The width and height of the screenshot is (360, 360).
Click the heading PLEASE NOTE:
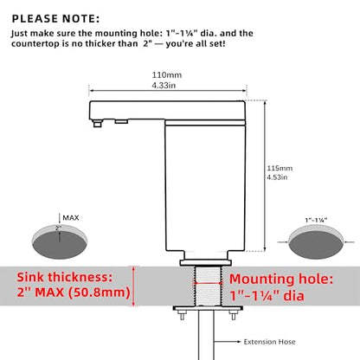[55, 19]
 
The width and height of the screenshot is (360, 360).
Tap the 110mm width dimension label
[167, 75]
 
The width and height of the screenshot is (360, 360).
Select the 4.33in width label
[164, 86]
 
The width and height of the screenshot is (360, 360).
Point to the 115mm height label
[280, 168]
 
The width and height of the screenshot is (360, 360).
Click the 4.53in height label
[277, 177]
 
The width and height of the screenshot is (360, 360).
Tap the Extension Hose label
[269, 342]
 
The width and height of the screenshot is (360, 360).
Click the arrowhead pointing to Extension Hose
[238, 342]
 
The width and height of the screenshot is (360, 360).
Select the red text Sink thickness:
[65, 277]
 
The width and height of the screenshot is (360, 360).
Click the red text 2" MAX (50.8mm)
[74, 292]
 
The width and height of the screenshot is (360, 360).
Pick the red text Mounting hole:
[281, 279]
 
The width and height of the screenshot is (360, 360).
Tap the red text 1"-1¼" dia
[267, 296]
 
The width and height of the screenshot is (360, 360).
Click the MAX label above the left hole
[71, 218]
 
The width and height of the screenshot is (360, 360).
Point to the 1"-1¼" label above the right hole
[316, 221]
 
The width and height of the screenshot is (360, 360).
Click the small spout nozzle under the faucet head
[98, 124]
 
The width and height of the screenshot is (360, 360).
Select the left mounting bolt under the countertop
[182, 315]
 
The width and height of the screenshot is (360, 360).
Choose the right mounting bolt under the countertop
[234, 315]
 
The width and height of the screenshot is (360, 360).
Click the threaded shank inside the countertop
[208, 286]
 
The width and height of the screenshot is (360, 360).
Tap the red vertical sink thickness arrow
[133, 286]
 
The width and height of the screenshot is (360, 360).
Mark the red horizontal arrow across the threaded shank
[208, 283]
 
